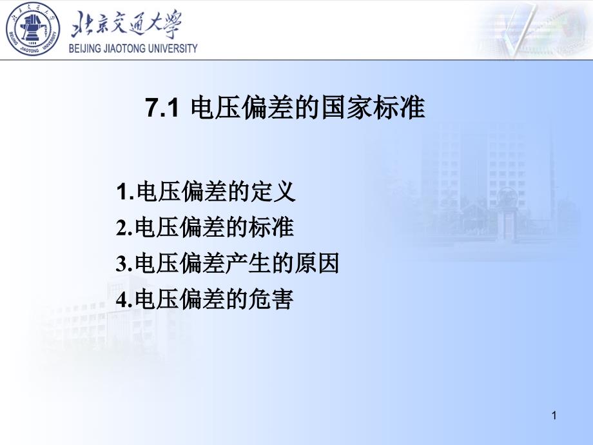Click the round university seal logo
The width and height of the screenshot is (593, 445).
33,29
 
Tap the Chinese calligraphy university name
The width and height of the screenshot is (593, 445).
126,25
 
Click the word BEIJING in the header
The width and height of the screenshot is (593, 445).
85,48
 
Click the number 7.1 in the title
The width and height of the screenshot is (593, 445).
162,108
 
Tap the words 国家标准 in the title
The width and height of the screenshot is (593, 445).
373,108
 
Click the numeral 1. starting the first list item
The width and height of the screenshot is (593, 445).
125,192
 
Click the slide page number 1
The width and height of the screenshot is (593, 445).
554,415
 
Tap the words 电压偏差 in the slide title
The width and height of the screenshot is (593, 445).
242,108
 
